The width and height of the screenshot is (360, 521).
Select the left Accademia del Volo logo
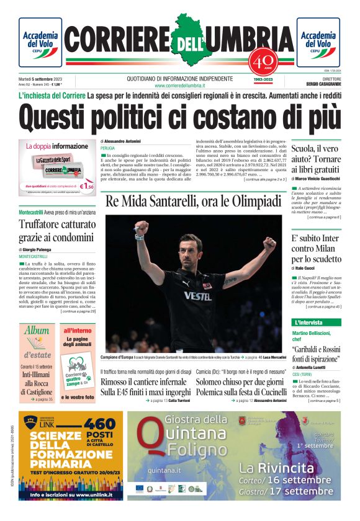coord(40,42)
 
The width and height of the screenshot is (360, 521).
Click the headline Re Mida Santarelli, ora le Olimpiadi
coord(193,202)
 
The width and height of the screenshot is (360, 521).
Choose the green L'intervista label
coord(308,323)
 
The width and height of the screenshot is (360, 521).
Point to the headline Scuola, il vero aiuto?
coord(316,154)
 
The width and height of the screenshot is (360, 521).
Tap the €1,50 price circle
coord(88,185)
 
